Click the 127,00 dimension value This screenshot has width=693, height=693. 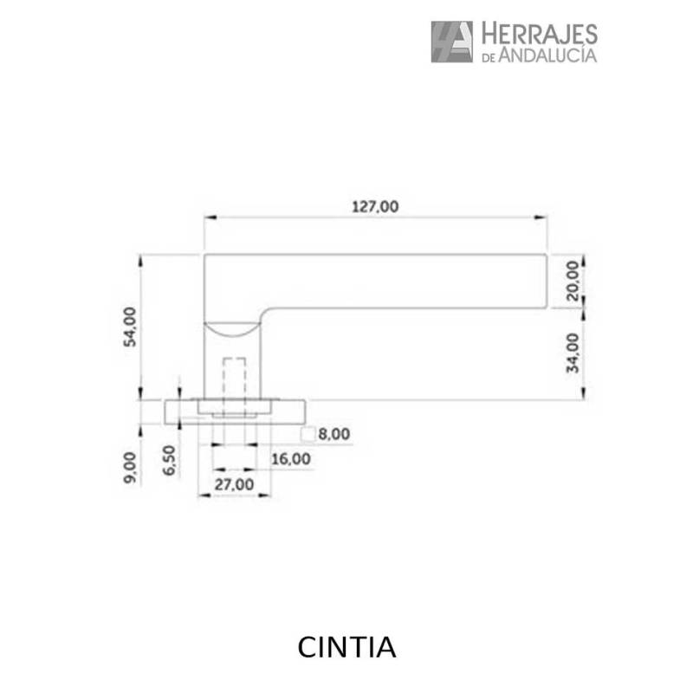[374, 206]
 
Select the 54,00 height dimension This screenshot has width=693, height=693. [130, 327]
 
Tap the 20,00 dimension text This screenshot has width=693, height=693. [572, 280]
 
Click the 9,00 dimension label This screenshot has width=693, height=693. [130, 467]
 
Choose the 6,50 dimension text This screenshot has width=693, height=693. [170, 461]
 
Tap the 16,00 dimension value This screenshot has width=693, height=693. [290, 458]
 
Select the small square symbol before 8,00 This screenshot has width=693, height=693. [307, 435]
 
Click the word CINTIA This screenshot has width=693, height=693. [346, 647]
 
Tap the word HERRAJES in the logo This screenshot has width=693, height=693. [538, 34]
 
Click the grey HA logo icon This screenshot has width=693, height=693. [451, 42]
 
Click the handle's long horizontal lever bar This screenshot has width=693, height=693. [390, 280]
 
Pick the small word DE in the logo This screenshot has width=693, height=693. [488, 57]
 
